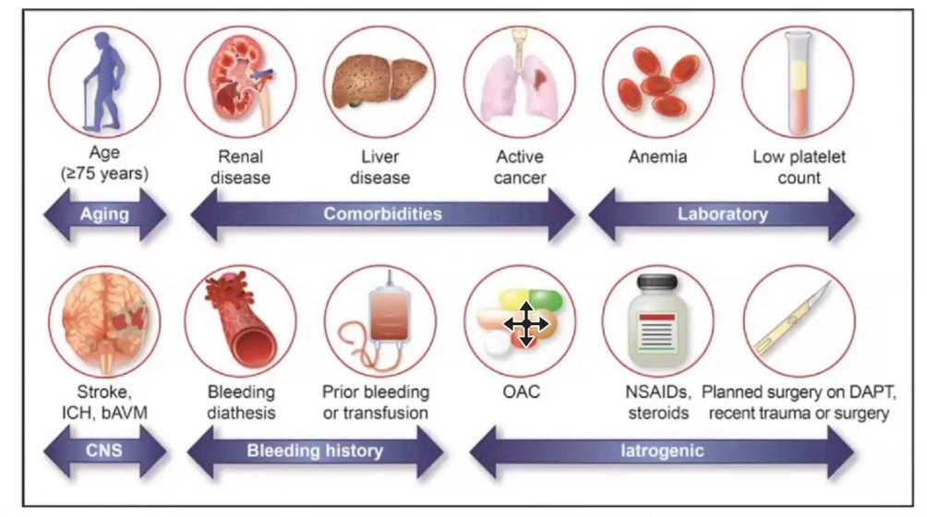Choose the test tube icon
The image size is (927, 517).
[x=797, y=81]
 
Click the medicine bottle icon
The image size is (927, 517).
[x=657, y=323]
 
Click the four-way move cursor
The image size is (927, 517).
[x=524, y=323]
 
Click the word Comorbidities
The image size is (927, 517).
[x=382, y=214]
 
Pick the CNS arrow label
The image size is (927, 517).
[x=104, y=451]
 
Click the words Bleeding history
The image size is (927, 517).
[x=315, y=451]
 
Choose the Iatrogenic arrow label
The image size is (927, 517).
[x=660, y=451]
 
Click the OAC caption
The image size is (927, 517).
[x=520, y=392]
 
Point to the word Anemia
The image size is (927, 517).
[x=657, y=157]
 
